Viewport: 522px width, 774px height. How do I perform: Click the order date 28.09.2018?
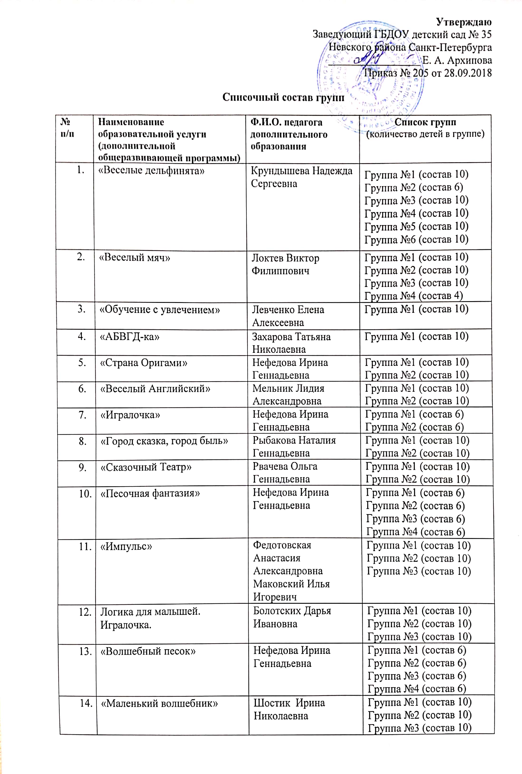coord(468,73)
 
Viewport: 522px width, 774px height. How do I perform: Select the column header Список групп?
coord(425,122)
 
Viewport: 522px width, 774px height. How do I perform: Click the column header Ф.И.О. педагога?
coord(286,122)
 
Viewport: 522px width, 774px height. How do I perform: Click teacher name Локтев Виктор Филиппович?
coord(285,264)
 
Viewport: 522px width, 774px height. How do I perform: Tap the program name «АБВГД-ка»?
coord(130,337)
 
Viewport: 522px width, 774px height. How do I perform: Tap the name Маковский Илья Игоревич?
coord(291,590)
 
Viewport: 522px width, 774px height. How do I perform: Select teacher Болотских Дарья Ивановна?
coord(292,617)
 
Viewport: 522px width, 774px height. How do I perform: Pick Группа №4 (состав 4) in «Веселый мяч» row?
coord(413,296)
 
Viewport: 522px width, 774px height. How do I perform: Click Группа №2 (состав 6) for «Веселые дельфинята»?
coord(413,188)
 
